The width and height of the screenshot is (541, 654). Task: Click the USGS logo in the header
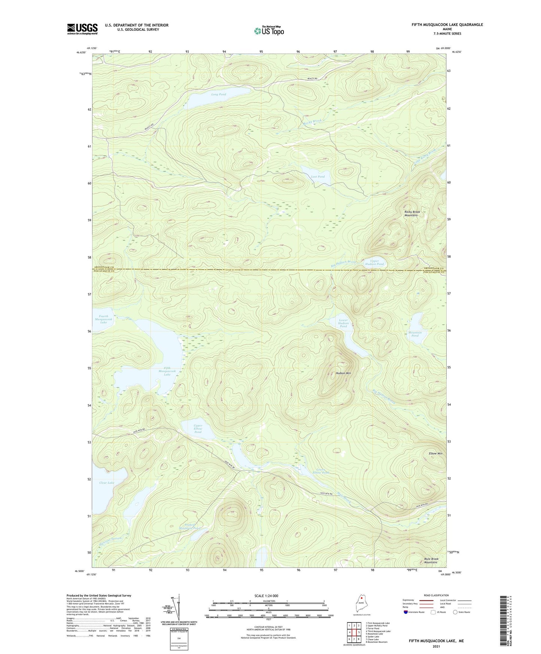tap(82, 29)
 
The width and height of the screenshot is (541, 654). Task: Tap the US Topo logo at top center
tap(269, 31)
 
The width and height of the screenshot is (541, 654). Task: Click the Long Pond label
tap(219, 94)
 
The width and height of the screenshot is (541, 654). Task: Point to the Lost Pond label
tap(318, 176)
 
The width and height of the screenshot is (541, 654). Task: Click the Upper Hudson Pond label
tap(374, 262)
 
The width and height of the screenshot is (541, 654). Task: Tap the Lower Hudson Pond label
tap(343, 323)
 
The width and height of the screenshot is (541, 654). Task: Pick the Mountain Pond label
tap(415, 334)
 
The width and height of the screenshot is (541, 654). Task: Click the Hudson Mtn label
tap(343, 373)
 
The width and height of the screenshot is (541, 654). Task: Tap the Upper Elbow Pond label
tap(198, 429)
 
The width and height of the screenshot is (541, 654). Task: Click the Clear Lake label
tap(107, 483)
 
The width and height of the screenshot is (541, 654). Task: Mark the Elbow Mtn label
tap(435, 454)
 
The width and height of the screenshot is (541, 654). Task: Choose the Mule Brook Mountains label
tap(431, 561)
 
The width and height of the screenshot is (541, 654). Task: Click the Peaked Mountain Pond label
tap(190, 526)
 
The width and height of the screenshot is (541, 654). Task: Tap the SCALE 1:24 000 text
tap(266, 596)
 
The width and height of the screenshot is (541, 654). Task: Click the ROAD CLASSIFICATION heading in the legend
tap(436, 595)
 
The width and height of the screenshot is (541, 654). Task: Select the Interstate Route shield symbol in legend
tap(406, 612)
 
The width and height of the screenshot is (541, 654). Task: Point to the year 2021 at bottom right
tap(436, 647)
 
